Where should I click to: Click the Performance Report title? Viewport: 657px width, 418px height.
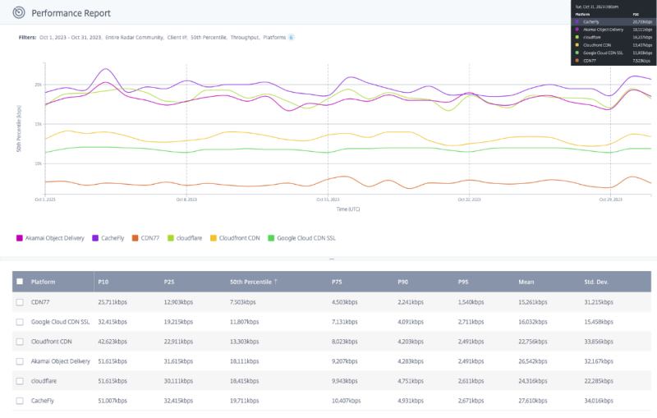point(71,13)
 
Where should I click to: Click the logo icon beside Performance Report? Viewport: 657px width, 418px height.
point(19,13)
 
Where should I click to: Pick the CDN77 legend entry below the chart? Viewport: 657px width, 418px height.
point(149,238)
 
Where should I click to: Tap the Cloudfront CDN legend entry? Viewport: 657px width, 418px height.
point(237,238)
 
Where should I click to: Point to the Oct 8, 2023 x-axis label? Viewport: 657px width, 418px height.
point(186,200)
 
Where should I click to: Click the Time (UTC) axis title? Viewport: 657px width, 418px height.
point(347,209)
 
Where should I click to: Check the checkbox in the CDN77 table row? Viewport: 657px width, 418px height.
point(20,301)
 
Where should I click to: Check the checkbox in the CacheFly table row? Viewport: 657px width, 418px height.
point(20,400)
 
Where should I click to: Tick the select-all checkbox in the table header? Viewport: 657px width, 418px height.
point(20,282)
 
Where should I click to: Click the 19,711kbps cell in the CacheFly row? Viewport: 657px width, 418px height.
point(247,400)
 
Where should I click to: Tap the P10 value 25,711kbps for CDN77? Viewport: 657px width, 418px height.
point(113,301)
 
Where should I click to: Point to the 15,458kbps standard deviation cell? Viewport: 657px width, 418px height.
point(600,321)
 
